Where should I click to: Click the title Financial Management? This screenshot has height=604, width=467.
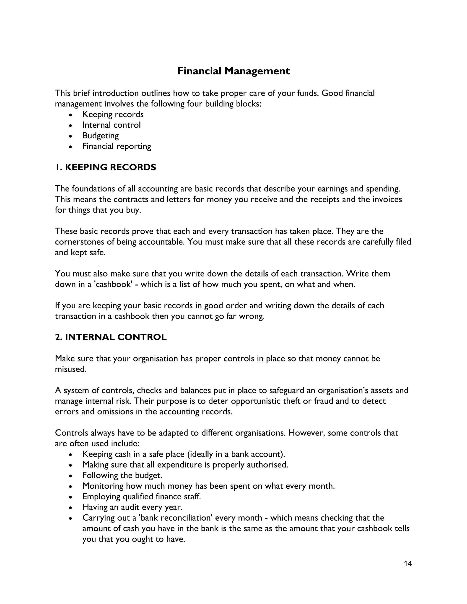[x=233, y=71]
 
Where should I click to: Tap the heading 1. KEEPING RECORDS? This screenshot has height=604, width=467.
[x=105, y=167]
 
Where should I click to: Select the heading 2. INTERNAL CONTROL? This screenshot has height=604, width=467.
[x=111, y=337]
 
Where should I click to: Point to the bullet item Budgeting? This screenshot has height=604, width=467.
[x=100, y=136]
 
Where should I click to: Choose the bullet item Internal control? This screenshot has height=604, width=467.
[x=112, y=125]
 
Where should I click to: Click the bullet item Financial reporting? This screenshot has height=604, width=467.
[x=117, y=146]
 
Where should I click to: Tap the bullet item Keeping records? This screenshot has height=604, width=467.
[x=113, y=114]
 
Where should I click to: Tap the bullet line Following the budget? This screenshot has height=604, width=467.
[x=122, y=475]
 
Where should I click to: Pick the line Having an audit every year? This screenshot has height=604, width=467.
[x=132, y=507]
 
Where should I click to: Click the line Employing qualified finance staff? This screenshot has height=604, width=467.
[x=141, y=497]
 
